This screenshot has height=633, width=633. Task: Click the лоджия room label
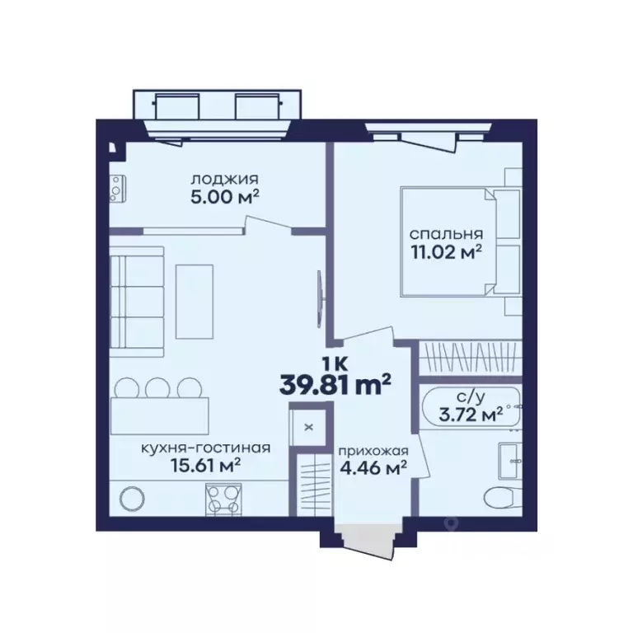[224, 179]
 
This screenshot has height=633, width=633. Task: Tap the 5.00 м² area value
[224, 197]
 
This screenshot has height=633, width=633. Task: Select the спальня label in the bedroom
[446, 234]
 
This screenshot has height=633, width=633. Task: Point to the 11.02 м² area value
[446, 252]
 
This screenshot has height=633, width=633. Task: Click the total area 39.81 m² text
[335, 385]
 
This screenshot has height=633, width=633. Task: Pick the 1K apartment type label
[335, 365]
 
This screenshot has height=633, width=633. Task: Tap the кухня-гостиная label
[205, 448]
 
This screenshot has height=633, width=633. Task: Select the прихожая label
[373, 451]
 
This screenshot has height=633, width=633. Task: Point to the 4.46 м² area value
[373, 468]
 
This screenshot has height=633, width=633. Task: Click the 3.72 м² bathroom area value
[471, 415]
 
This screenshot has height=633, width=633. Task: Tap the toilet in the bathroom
[502, 497]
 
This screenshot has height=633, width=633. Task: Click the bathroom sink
[510, 461]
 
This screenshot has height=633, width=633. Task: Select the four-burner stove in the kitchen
[223, 499]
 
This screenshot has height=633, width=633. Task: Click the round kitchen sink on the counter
[132, 499]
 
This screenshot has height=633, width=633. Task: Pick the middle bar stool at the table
[157, 387]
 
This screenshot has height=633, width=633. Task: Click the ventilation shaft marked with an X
[309, 427]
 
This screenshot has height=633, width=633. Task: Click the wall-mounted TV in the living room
[320, 299]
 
